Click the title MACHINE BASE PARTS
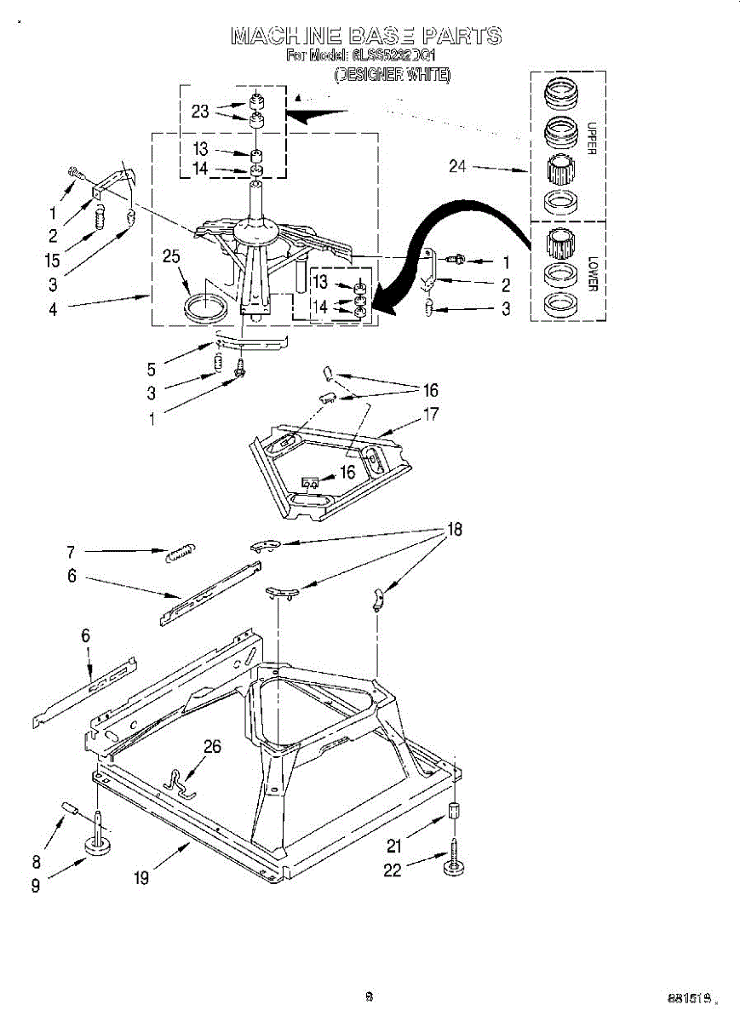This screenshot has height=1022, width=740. coord(366,36)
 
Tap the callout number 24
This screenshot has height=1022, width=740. coord(458,166)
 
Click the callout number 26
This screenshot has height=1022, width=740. coord(212,747)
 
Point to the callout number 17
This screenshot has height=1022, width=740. coord(431,414)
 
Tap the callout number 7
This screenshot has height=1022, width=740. coord(71,551)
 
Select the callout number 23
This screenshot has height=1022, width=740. coord(200,111)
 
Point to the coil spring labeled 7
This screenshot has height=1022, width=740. coord(181,554)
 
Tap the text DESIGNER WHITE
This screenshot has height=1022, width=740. coord(392,75)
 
